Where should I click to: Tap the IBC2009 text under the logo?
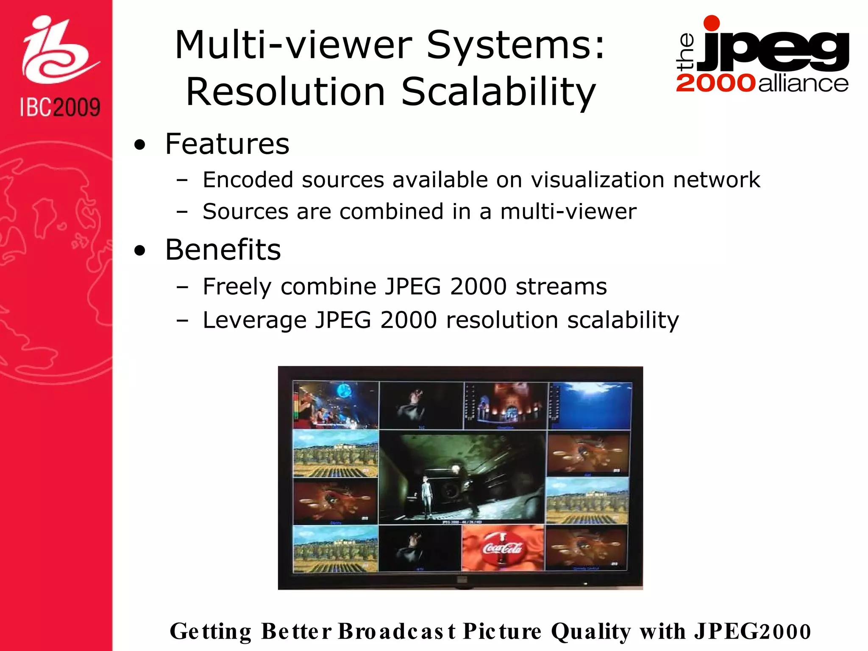pos(60,107)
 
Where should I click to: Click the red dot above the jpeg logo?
pos(712,23)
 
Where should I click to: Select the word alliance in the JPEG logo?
pos(803,83)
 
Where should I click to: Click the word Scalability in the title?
pos(498,92)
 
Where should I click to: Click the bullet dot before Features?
pos(139,145)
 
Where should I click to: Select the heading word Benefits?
pos(223,250)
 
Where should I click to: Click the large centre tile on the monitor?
pos(462,477)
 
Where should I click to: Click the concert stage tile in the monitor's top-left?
pos(336,405)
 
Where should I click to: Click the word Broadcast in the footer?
pos(397,631)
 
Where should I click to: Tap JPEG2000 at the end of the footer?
pos(752,631)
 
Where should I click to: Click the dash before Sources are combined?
pos(182,212)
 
